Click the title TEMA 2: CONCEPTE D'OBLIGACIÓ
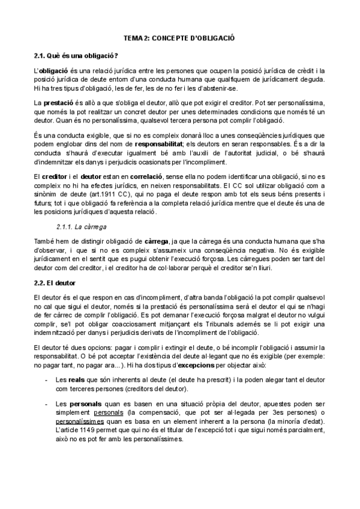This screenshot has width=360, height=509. tap(179, 38)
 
